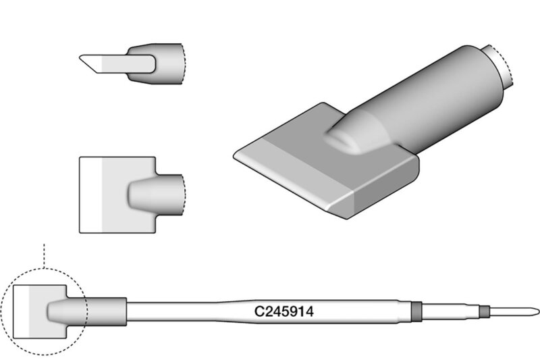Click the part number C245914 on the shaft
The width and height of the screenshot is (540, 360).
[283, 311]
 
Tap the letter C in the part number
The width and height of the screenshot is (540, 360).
[259, 311]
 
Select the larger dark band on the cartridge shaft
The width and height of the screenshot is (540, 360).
[416, 312]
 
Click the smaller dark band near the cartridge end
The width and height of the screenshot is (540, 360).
[485, 312]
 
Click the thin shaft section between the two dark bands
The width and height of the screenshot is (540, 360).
[451, 312]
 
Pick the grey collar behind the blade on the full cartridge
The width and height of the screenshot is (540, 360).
[103, 312]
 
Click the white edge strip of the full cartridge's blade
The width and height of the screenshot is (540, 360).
[21, 312]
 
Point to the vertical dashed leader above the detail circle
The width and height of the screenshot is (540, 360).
[44, 256]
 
